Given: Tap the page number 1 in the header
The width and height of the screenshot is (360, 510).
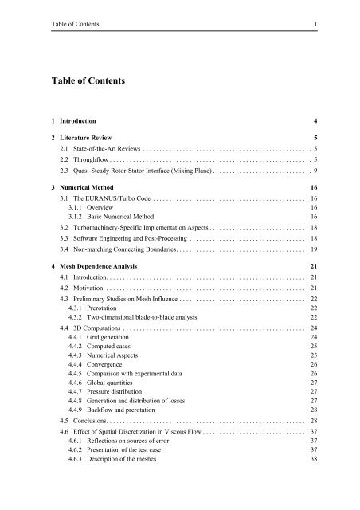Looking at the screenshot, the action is click(316, 24).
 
